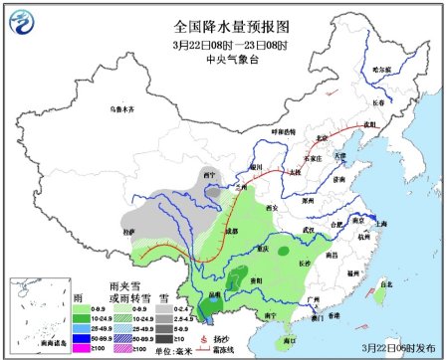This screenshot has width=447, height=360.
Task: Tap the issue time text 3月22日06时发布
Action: coord(403,347)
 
